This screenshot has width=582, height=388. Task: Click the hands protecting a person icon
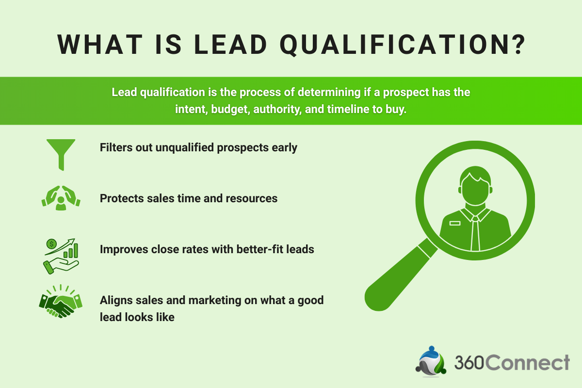click(x=61, y=198)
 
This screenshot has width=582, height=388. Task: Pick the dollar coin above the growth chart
click(x=51, y=243)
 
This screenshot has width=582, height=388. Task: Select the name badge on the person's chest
click(x=454, y=224)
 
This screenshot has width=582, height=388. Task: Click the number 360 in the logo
click(x=469, y=363)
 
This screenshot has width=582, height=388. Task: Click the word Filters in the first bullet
click(x=116, y=147)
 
